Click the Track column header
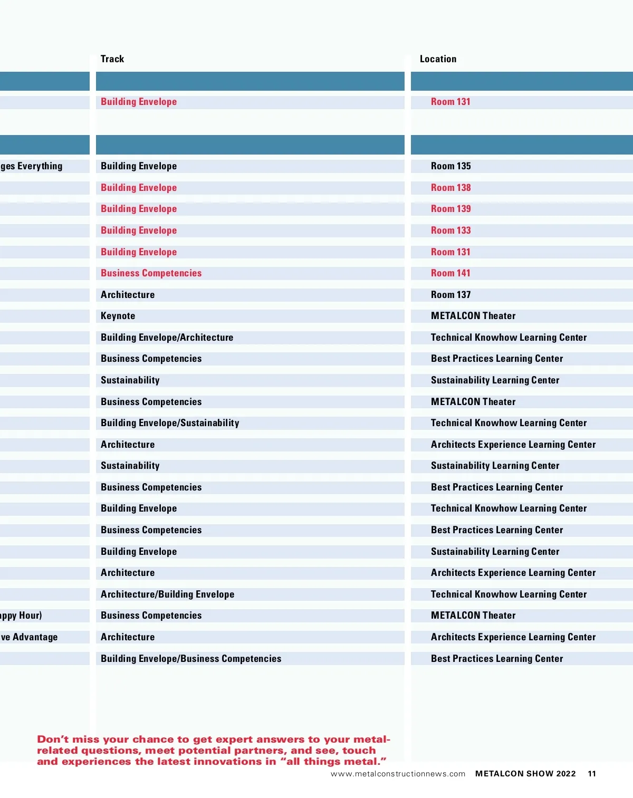tap(112, 59)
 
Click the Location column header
tap(438, 59)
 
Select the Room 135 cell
tap(450, 166)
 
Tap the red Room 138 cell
tap(450, 188)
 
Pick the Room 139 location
tap(450, 209)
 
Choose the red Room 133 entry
tap(450, 230)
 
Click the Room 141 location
tap(450, 273)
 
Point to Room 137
tap(450, 295)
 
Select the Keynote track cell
tap(118, 316)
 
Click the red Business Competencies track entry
tap(151, 273)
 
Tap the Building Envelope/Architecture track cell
tap(167, 338)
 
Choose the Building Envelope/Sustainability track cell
tap(170, 423)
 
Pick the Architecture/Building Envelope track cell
tap(167, 594)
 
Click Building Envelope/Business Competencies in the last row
tap(191, 659)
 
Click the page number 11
tap(592, 774)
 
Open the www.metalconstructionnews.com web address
tap(398, 774)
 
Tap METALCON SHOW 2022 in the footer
tap(525, 774)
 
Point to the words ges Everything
tap(32, 166)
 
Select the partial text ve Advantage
tap(30, 637)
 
